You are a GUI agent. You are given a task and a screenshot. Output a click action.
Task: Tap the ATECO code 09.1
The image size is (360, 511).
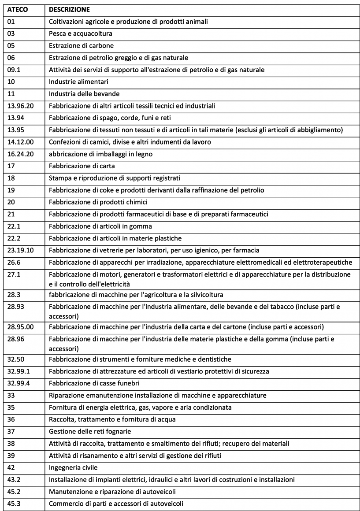coord(14,70)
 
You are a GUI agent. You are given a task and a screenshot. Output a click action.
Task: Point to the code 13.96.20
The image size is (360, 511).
coord(20,106)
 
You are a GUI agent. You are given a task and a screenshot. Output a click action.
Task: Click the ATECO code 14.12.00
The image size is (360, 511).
coord(20,142)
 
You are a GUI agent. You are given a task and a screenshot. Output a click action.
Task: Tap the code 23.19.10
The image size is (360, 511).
coord(20,250)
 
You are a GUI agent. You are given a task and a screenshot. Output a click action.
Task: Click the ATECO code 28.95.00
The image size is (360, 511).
coord(20,327)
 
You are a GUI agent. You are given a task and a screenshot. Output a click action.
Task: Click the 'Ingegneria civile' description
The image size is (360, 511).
coord(73,467)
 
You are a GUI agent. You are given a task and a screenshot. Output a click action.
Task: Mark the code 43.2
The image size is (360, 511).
coord(14,479)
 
